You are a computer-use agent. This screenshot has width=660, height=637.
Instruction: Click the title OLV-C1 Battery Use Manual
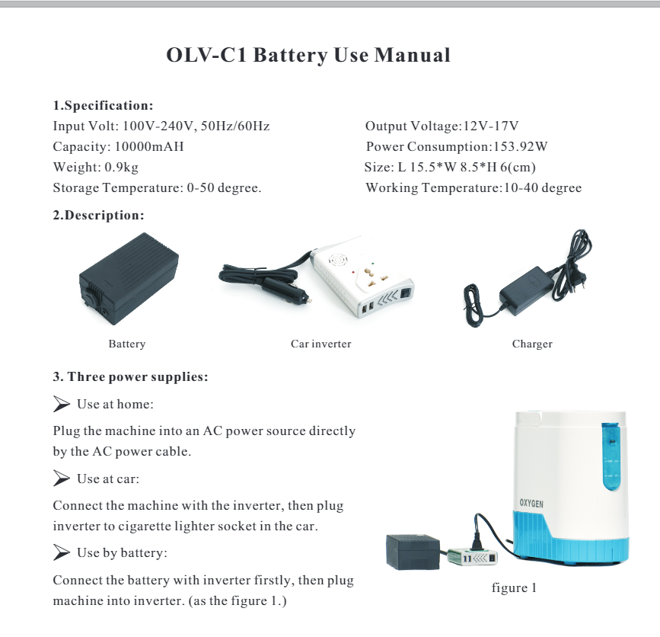point(308,56)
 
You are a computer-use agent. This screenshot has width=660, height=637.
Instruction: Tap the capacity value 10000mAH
point(149,147)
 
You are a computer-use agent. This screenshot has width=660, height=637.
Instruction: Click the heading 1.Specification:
point(104,105)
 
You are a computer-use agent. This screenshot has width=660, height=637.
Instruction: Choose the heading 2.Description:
point(98,216)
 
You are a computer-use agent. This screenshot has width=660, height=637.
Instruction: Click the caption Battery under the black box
point(126,344)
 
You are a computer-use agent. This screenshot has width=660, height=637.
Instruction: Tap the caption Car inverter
point(320,344)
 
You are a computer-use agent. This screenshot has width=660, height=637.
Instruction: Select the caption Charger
point(532,344)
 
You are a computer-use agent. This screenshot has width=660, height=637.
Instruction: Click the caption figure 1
point(515,588)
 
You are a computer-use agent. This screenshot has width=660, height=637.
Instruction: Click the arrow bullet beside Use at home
point(62,403)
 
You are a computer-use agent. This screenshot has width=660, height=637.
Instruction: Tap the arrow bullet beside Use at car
point(62,479)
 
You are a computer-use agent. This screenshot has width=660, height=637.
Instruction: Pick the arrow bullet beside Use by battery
point(62,552)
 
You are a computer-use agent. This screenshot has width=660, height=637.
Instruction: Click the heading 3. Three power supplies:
point(130,377)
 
